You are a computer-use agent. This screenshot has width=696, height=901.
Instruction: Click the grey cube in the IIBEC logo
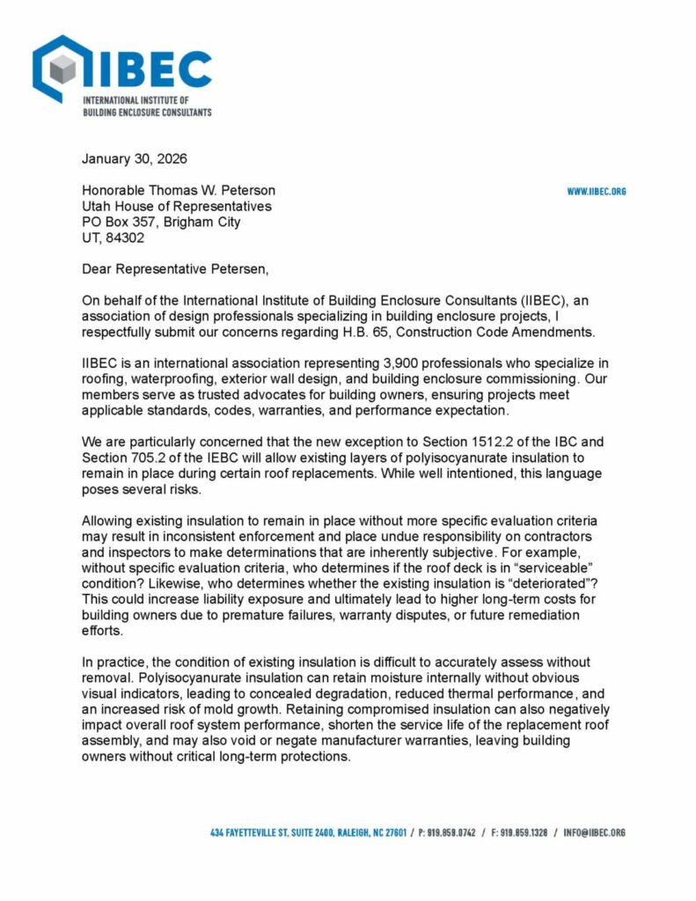coord(62,69)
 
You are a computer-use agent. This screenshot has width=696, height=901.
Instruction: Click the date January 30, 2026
coord(134,159)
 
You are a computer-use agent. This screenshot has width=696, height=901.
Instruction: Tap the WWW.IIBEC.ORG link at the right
coord(596,191)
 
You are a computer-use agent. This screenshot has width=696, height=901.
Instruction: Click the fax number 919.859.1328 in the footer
coord(525,832)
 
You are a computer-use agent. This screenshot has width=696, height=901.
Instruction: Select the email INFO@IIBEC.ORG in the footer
coord(594,832)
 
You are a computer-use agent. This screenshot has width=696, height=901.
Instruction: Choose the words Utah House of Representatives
coord(177,206)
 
